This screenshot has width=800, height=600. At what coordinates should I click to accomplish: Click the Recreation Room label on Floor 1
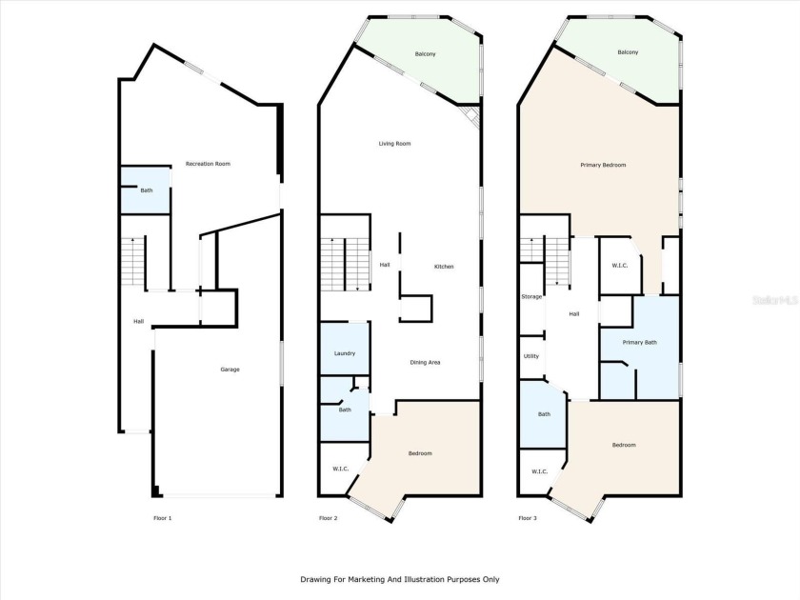tap(208, 164)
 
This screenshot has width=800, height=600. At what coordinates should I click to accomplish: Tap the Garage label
tap(230, 369)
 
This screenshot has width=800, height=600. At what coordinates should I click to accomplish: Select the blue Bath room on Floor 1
tap(146, 190)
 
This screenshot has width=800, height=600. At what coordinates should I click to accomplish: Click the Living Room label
tap(394, 144)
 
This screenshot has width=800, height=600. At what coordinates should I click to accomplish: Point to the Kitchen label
tap(444, 267)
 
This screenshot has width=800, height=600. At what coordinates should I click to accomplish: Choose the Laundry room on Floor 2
tap(344, 353)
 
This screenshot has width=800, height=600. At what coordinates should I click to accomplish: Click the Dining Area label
tap(425, 362)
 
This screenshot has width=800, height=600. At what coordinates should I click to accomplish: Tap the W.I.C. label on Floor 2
tap(340, 469)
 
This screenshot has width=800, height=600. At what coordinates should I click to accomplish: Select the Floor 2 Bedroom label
tap(420, 453)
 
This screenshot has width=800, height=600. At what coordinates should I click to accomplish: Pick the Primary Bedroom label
tap(603, 165)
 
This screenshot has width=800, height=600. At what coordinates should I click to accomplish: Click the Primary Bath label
tap(639, 342)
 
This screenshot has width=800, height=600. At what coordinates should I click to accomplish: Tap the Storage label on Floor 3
tap(531, 296)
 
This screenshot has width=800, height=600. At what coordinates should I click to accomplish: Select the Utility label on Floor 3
tap(530, 356)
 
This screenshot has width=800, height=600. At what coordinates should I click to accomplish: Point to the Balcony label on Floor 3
tap(628, 52)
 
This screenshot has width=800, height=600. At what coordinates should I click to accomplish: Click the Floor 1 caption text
tap(162, 518)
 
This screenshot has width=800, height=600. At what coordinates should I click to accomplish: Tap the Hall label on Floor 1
tap(138, 321)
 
